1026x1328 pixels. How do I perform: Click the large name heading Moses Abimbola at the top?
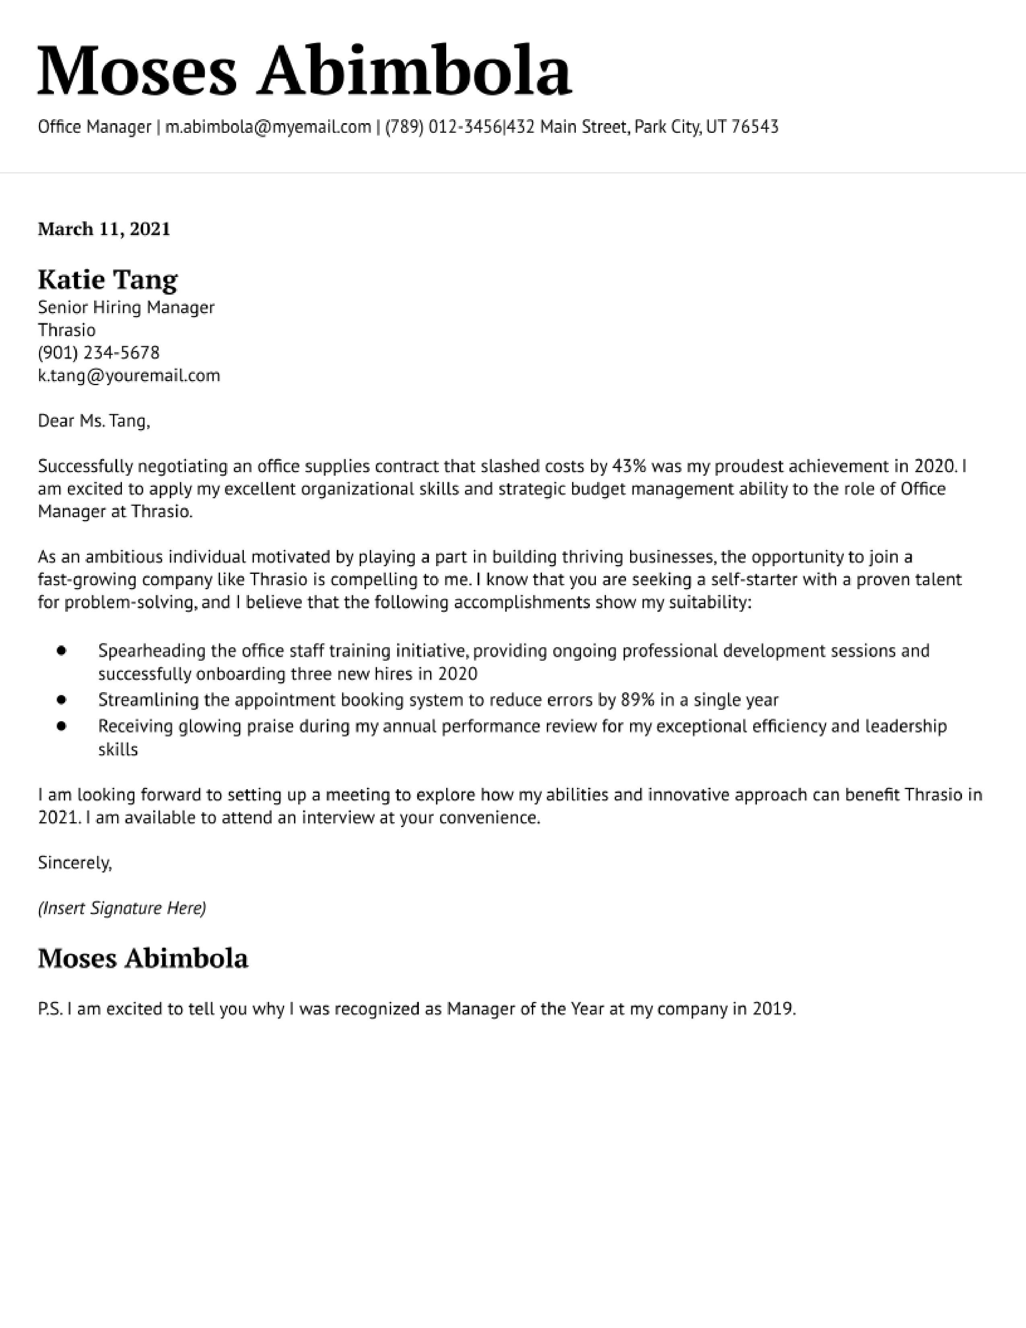tap(304, 71)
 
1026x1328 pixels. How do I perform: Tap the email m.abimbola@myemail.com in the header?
tap(268, 127)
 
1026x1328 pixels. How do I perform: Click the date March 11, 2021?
tap(104, 229)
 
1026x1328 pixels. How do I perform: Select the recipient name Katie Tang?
tap(107, 280)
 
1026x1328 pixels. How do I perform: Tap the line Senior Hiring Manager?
tap(126, 308)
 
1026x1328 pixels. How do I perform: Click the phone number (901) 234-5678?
tap(99, 353)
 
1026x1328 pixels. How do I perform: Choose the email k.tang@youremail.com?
tap(129, 376)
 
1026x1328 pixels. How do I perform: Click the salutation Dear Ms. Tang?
tap(94, 421)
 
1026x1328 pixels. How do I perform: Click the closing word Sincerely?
tap(75, 862)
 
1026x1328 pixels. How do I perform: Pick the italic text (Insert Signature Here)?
tap(122, 908)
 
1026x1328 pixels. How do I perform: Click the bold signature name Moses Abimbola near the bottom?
tap(143, 959)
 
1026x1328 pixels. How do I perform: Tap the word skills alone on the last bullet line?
tap(118, 749)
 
